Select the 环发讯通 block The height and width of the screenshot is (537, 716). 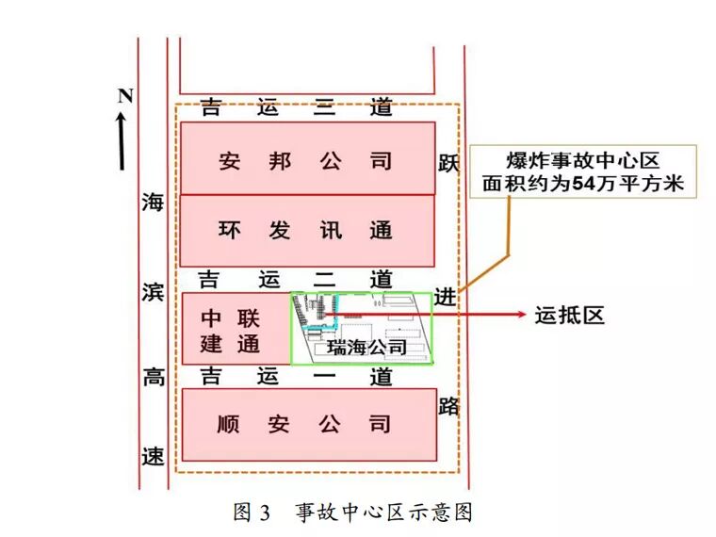click(x=306, y=230)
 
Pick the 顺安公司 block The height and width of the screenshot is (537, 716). click(x=306, y=425)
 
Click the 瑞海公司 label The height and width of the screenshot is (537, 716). click(x=366, y=348)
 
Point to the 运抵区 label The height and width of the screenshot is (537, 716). click(x=568, y=316)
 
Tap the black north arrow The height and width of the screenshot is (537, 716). click(x=122, y=141)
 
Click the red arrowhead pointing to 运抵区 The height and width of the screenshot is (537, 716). click(x=515, y=316)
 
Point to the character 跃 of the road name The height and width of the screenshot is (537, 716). click(x=447, y=164)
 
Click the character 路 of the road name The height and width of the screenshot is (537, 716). click(x=448, y=407)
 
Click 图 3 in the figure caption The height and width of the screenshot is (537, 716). click(x=252, y=513)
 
